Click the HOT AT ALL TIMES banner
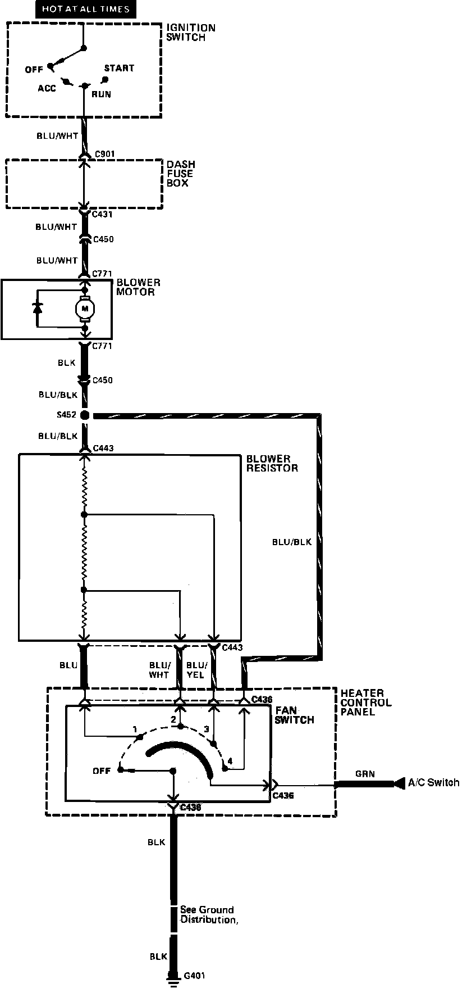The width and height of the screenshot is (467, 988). pyautogui.click(x=86, y=9)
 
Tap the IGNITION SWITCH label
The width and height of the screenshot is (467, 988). pyautogui.click(x=191, y=33)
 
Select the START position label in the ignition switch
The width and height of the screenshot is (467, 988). pyautogui.click(x=119, y=68)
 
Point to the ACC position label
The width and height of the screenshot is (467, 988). pyautogui.click(x=47, y=88)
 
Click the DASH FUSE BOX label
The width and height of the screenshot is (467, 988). pyautogui.click(x=181, y=174)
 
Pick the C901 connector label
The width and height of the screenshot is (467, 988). pyautogui.click(x=106, y=153)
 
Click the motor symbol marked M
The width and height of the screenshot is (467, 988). pyautogui.click(x=86, y=307)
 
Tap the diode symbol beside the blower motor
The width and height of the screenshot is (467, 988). pyautogui.click(x=38, y=308)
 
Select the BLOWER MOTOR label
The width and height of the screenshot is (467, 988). pyautogui.click(x=138, y=287)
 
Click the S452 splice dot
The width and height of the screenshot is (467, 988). pyautogui.click(x=85, y=416)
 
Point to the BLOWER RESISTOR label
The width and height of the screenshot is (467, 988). pyautogui.click(x=272, y=463)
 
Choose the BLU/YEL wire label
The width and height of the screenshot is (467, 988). pyautogui.click(x=196, y=669)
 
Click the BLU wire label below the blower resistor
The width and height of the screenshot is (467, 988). pyautogui.click(x=68, y=665)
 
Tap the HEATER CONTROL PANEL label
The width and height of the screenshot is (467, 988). pyautogui.click(x=366, y=703)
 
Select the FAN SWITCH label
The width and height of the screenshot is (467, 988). pyautogui.click(x=294, y=715)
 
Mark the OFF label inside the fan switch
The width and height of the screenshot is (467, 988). pyautogui.click(x=102, y=771)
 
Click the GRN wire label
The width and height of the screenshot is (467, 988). pyautogui.click(x=365, y=774)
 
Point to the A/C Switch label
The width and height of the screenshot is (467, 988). pyautogui.click(x=433, y=782)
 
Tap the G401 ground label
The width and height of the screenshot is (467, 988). pyautogui.click(x=194, y=976)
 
